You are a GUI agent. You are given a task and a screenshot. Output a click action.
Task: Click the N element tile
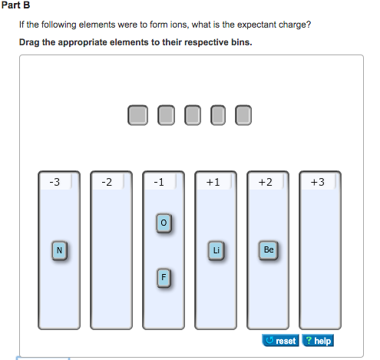pos(59,249)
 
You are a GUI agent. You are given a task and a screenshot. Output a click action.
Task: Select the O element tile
pos(162,223)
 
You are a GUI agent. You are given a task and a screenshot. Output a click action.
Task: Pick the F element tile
pos(163,277)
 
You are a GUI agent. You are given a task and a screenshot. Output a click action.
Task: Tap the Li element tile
pos(216,249)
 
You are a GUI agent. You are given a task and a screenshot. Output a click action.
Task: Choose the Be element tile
pos(268,249)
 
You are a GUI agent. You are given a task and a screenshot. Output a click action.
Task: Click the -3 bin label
pos(53,182)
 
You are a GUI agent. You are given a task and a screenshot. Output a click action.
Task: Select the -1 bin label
pos(158,182)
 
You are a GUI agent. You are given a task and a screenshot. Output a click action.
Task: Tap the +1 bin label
pos(213,182)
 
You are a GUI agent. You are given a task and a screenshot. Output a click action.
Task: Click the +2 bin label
pos(265,182)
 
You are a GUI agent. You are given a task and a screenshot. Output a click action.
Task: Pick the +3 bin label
pos(317,182)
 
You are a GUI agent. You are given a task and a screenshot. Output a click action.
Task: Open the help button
pos(319,340)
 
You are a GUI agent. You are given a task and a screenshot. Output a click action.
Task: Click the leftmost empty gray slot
pos(137,115)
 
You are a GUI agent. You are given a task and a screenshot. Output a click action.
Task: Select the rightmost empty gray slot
pos(243,115)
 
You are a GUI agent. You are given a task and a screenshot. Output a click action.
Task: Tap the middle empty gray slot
pos(190,115)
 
